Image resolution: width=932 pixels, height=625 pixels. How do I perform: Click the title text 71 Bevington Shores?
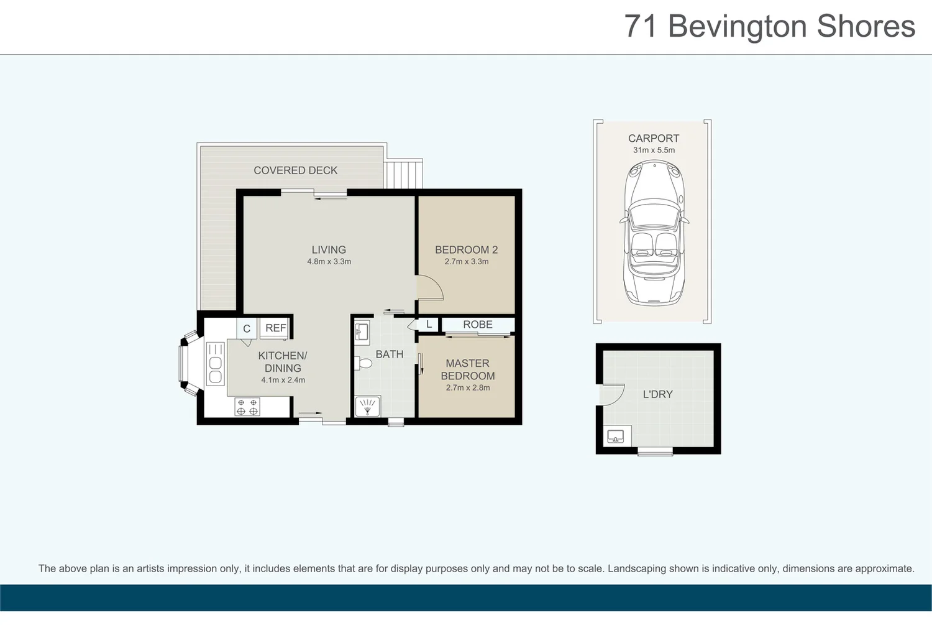tap(769, 27)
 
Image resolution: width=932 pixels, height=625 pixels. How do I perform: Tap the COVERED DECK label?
tap(295, 170)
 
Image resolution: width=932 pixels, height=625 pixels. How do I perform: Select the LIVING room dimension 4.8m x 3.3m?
tap(329, 262)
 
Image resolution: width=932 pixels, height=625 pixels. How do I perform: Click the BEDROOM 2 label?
tap(466, 250)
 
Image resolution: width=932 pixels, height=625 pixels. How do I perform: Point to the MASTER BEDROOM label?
tap(467, 369)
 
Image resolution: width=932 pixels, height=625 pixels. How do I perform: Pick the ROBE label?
tap(477, 325)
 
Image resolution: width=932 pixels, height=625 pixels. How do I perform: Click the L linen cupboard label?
tap(429, 325)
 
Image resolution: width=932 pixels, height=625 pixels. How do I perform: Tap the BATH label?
tap(389, 354)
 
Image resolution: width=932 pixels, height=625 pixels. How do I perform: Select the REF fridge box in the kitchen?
tap(275, 328)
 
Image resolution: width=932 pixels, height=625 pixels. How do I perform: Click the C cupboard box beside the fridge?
tap(247, 328)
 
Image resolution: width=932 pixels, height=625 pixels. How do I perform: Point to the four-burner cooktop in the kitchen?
tap(247, 407)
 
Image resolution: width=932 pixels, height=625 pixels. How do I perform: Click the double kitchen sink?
tap(215, 364)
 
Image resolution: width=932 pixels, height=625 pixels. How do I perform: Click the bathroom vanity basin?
tap(362, 333)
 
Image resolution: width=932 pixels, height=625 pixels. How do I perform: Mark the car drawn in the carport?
tap(654, 233)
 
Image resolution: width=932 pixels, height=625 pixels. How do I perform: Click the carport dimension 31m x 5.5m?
tap(654, 150)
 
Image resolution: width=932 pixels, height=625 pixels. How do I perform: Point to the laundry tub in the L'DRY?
tap(616, 436)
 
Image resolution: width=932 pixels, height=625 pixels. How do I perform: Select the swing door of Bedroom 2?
tap(429, 289)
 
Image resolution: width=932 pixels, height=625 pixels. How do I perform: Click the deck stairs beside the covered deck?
tap(404, 174)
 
